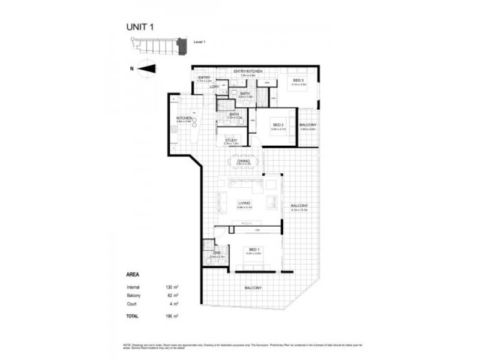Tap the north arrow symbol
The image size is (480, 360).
point(146,68)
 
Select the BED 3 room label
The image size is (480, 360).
point(298,80)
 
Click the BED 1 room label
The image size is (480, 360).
point(254,249)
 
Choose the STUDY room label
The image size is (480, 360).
point(231,140)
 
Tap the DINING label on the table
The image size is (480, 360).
point(243,161)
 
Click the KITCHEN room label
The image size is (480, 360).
point(184,118)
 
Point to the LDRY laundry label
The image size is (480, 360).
point(214,86)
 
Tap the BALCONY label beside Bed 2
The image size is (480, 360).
point(307,125)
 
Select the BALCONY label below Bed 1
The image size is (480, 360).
point(253,289)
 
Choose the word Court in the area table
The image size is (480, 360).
point(131,304)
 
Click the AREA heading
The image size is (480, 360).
point(133,275)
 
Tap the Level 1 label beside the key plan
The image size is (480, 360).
point(200,41)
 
